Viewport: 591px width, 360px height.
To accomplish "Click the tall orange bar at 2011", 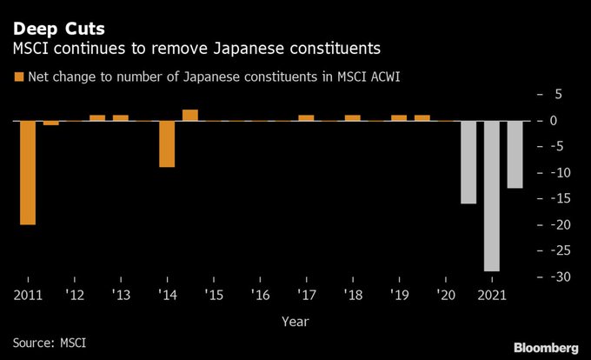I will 28,172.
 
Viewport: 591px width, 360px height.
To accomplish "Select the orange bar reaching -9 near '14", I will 167,143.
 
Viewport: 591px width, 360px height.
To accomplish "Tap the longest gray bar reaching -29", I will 492,196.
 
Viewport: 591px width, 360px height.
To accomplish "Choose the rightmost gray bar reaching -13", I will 515,154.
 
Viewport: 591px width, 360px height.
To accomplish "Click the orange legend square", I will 18,77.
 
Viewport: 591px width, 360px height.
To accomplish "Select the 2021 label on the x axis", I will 493,294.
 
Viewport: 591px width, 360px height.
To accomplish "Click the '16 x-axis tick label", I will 260,294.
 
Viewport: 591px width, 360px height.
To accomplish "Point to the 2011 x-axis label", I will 28,294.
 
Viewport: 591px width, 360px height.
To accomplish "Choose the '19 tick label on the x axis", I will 399,294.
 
